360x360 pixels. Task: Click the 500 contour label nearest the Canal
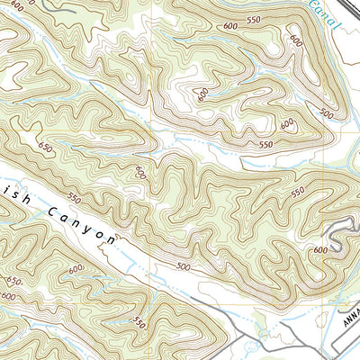(326, 113)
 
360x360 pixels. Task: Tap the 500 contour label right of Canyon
(184, 267)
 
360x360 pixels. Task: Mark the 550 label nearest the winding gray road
(297, 193)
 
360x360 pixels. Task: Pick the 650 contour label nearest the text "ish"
(45, 144)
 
